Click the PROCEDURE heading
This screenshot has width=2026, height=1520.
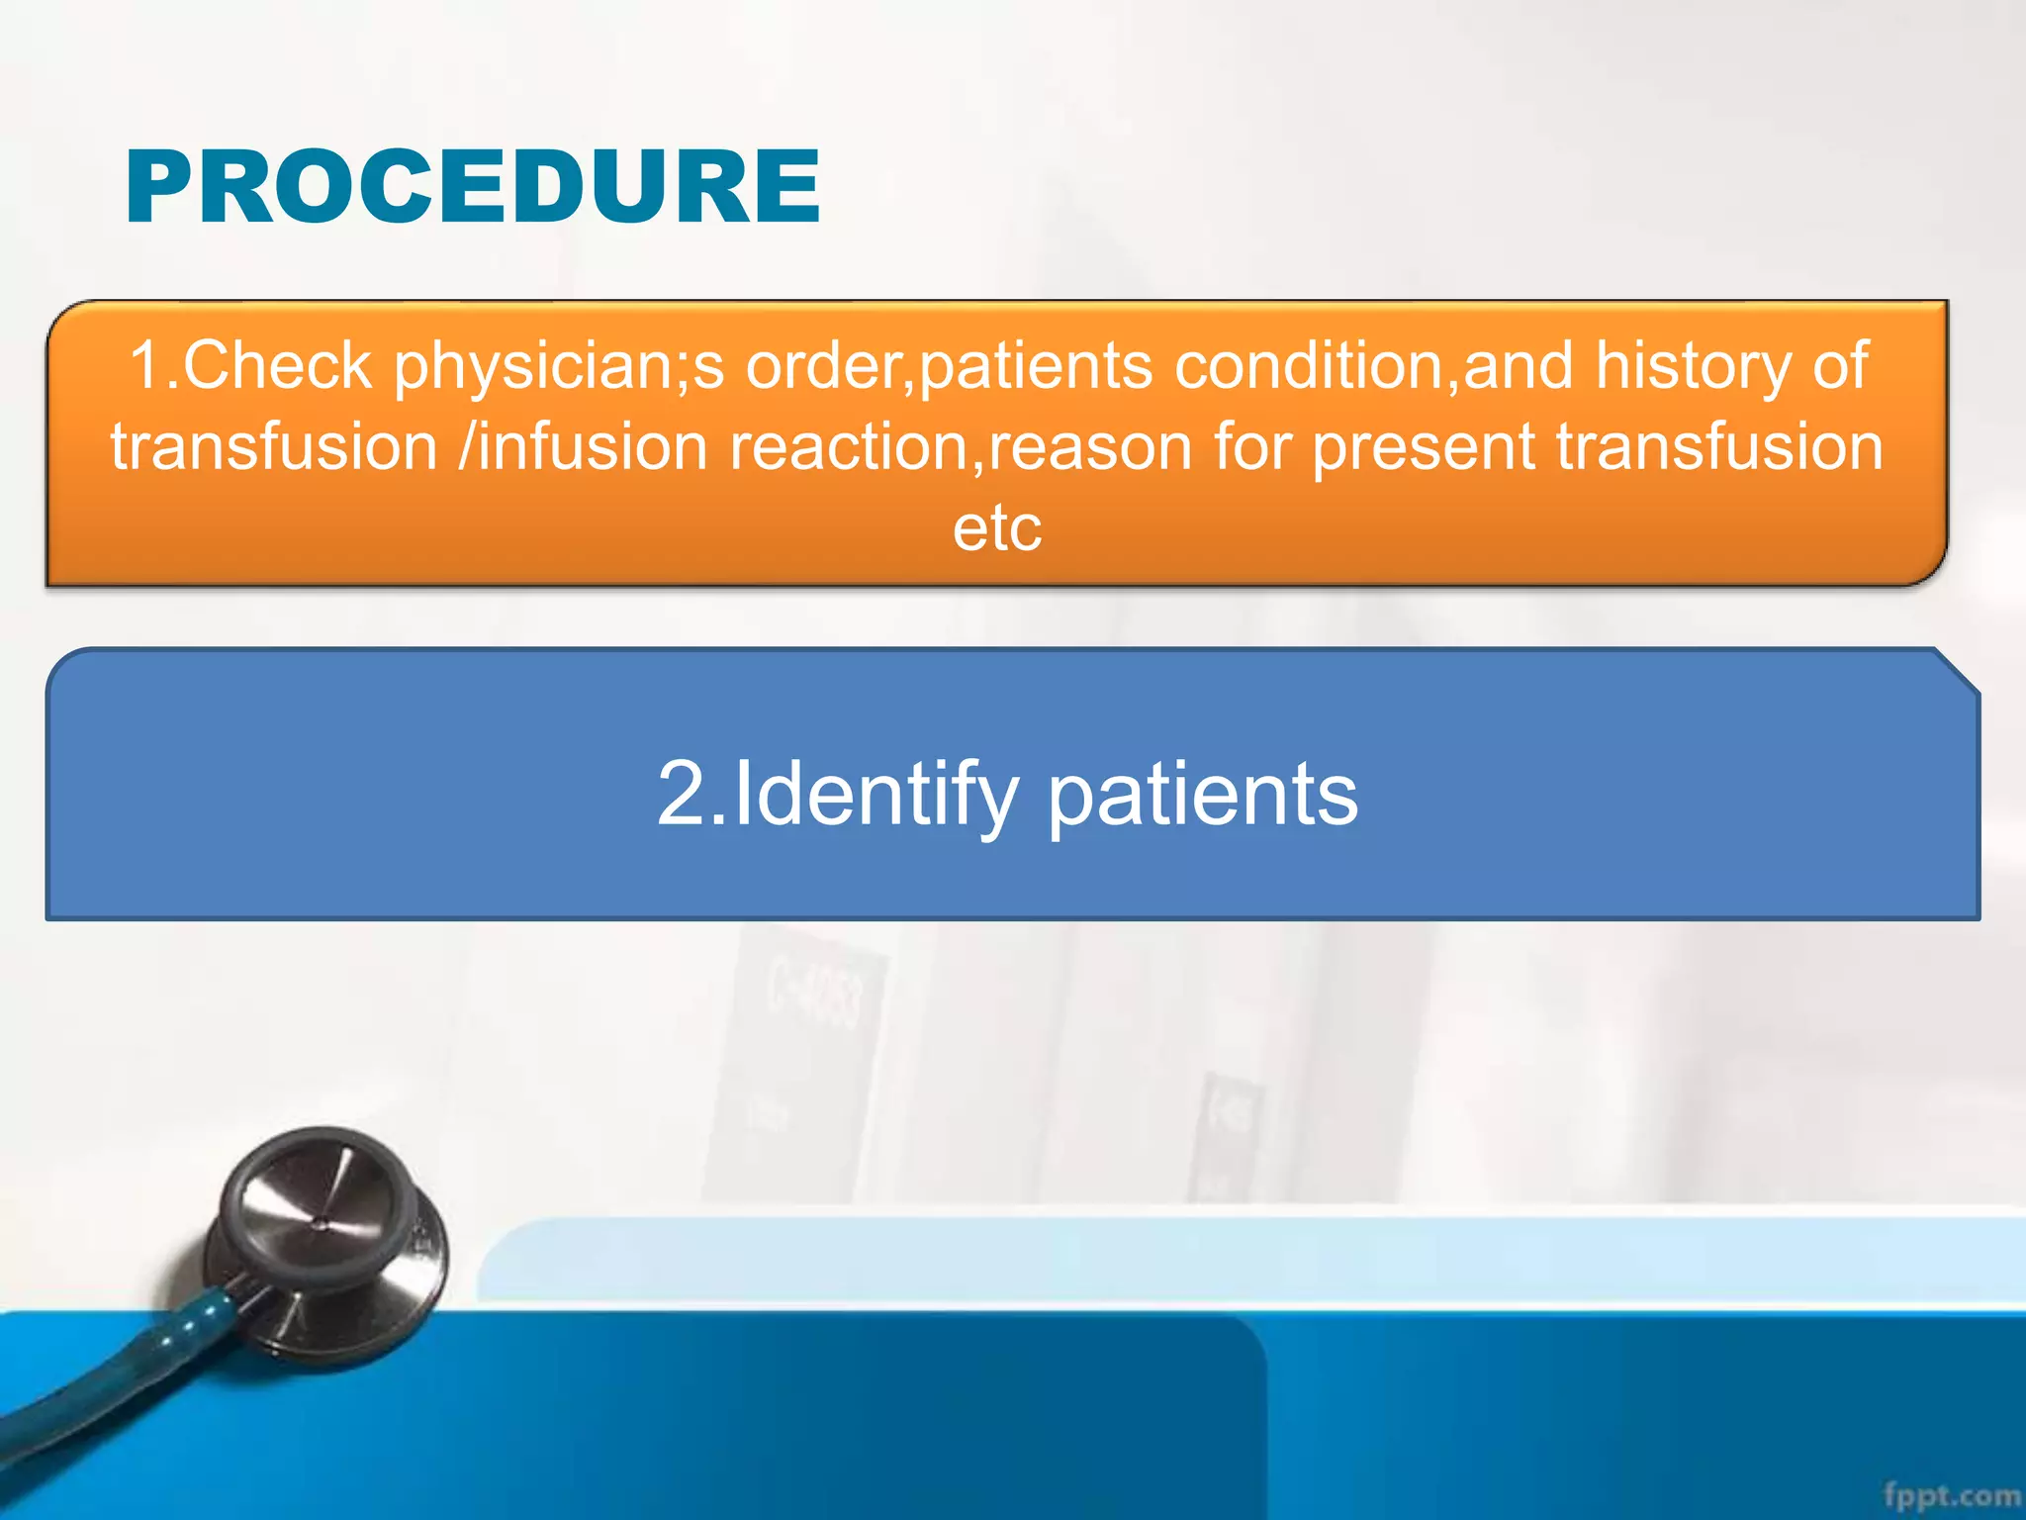(472, 187)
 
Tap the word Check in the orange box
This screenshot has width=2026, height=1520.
(277, 365)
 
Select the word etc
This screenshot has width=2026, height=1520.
(997, 527)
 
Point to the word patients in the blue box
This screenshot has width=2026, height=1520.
(1202, 795)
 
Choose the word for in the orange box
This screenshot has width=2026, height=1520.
(1254, 446)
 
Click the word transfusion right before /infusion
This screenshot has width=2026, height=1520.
(274, 446)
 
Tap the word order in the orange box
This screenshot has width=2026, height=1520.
(829, 365)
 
